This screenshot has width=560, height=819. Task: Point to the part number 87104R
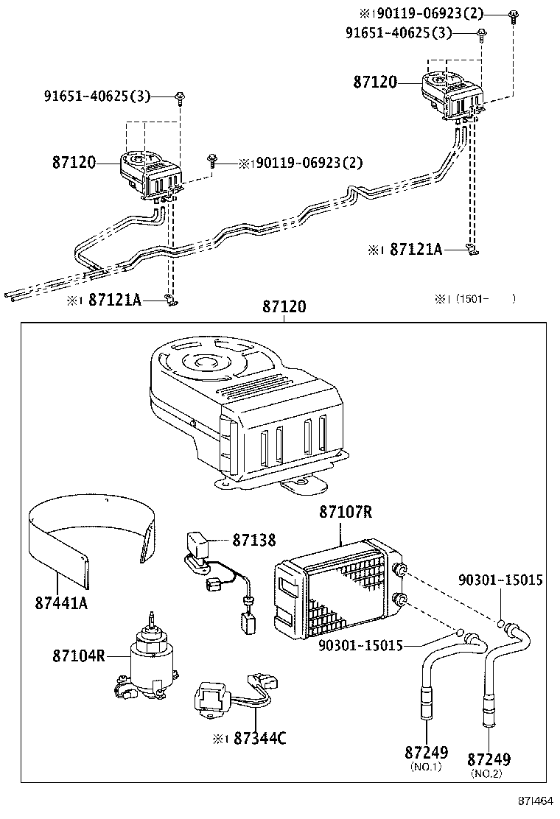(79, 655)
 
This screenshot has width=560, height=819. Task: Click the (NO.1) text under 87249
(425, 767)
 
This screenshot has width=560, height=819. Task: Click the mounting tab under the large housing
(302, 486)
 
